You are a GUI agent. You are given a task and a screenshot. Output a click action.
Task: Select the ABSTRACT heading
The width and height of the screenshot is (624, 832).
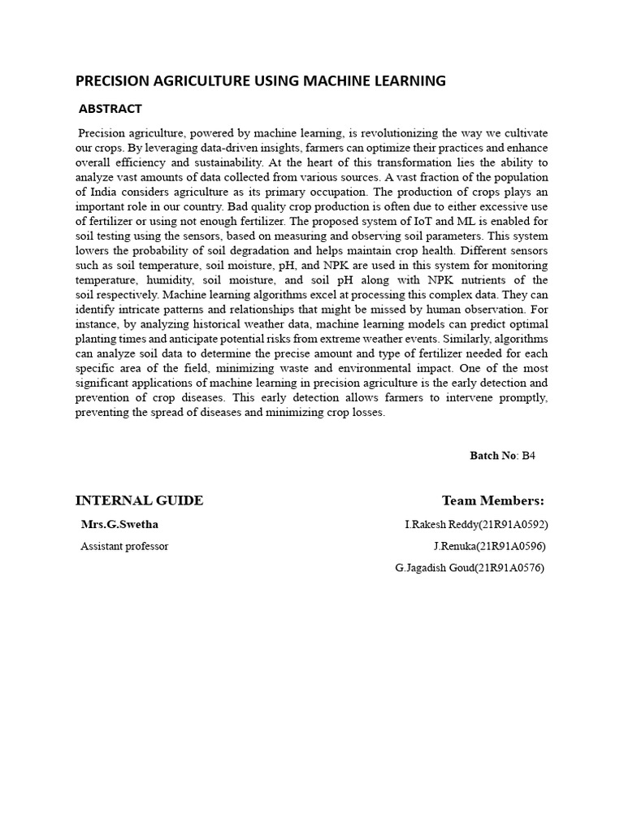coord(110,109)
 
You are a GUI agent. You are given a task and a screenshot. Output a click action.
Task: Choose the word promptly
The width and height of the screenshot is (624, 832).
coord(522,397)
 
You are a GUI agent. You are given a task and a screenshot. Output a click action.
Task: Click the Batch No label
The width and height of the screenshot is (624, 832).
coord(493,456)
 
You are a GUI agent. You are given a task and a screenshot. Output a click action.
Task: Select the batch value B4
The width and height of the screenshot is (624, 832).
coord(529,456)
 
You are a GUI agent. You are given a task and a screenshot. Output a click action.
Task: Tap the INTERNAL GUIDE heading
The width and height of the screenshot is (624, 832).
coord(139,500)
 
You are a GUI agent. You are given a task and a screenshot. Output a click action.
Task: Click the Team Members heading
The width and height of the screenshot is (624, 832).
coord(493,500)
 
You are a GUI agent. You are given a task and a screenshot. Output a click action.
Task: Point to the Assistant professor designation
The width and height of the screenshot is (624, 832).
coord(124,546)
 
